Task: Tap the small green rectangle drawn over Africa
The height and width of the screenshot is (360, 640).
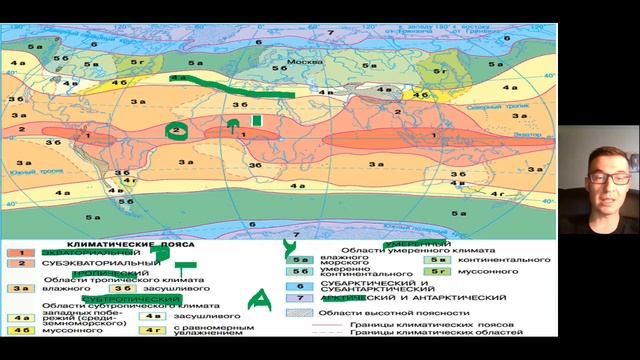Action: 256,121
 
